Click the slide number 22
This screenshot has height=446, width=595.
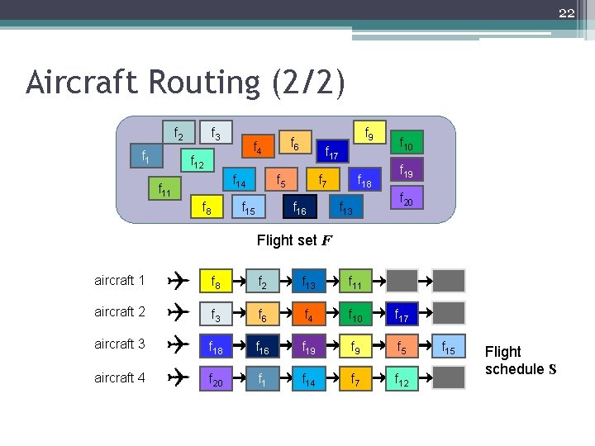pos(566,12)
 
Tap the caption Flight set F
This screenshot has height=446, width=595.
pos(295,241)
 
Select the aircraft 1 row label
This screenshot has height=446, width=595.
pos(120,280)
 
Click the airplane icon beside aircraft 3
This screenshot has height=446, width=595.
pos(177,344)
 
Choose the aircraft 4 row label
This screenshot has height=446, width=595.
pos(120,377)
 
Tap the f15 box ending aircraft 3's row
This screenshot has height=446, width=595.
pos(450,345)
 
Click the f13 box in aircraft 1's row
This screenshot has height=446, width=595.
pos(309,281)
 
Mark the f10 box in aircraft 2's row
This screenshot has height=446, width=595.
pos(356,313)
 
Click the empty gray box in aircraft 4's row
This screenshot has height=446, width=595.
pos(450,377)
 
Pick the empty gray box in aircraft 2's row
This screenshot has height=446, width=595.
pos(450,313)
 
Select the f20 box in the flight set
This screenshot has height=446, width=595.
pos(406,198)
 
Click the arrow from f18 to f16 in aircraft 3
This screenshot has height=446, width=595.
pos(240,345)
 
